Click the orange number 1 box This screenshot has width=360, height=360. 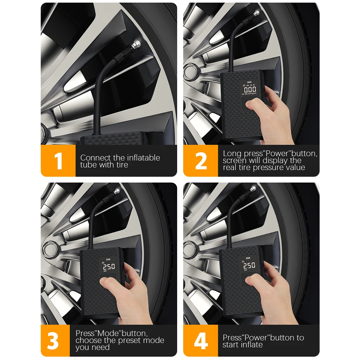pyautogui.click(x=58, y=161)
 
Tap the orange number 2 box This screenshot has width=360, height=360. pyautogui.click(x=201, y=161)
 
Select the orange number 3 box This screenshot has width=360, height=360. pyautogui.click(x=55, y=341)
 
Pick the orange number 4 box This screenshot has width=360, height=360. pyautogui.click(x=201, y=341)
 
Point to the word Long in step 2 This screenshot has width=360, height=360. pyautogui.click(x=232, y=154)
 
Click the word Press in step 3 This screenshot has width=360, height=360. pyautogui.click(x=85, y=333)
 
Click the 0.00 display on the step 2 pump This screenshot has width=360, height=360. pyautogui.click(x=250, y=89)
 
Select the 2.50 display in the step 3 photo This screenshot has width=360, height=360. pyautogui.click(x=109, y=267)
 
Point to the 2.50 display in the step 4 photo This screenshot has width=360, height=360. pyautogui.click(x=249, y=265)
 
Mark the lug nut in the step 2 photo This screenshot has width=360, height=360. pyautogui.click(x=190, y=72)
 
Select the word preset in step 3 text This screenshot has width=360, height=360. pyautogui.click(x=130, y=340)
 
